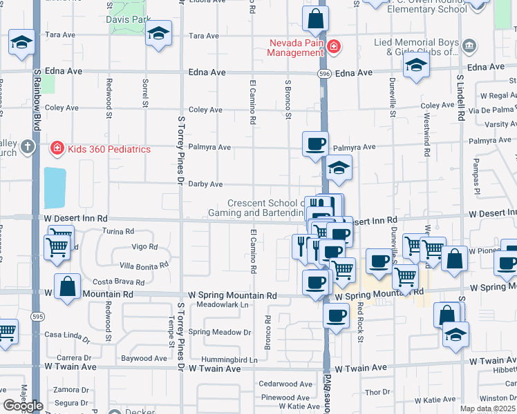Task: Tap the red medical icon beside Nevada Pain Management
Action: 334,46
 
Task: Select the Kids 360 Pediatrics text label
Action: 109,149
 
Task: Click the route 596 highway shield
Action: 323,73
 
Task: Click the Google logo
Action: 23,406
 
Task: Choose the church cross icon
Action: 27,146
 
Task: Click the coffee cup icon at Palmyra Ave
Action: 315,144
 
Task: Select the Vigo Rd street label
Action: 144,247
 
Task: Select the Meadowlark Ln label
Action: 222,304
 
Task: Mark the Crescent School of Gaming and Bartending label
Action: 266,208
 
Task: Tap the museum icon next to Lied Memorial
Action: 469,46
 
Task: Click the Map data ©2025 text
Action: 487,408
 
